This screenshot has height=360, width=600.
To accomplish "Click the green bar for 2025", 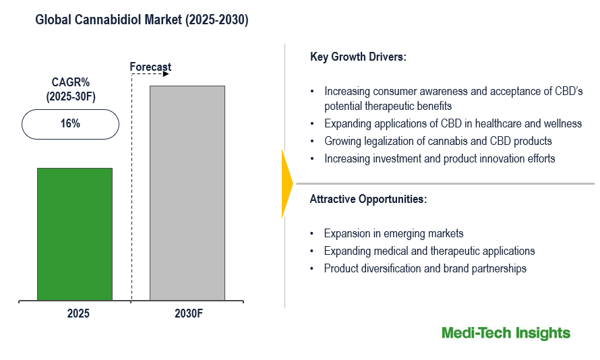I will point(74,234).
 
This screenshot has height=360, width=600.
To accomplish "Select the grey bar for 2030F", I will point(187,193).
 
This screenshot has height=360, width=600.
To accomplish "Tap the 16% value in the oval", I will point(70,123).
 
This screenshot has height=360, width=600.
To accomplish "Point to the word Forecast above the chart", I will point(150,67).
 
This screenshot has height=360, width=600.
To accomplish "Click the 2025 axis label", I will point(78,314).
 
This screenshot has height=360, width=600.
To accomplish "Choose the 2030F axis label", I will point(188,314).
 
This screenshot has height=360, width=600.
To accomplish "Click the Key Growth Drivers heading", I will point(358,57).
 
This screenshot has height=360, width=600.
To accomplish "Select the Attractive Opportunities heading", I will point(368,199).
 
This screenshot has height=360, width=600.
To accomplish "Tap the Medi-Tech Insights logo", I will point(506,333).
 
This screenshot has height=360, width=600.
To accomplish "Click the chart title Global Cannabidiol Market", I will point(142,21).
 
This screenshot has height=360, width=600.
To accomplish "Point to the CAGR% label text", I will point(71,83).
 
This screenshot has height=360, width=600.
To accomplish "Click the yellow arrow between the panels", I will point(287,183).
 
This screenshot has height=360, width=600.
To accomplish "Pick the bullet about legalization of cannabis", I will point(438,141).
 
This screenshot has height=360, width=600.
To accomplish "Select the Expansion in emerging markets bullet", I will point(394,233).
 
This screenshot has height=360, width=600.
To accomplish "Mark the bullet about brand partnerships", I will point(425,268).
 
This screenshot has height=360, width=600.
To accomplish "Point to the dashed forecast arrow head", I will point(166,73).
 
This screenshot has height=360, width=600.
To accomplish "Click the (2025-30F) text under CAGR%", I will point(71,96).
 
